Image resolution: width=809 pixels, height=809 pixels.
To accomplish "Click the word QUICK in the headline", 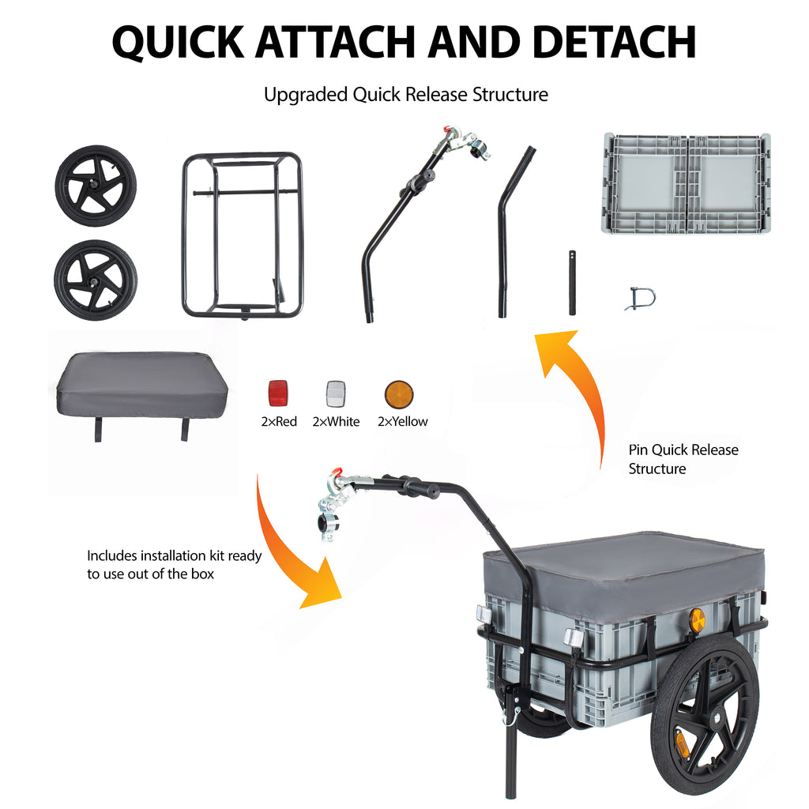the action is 178,42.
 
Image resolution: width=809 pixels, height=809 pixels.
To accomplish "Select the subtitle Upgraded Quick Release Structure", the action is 405,95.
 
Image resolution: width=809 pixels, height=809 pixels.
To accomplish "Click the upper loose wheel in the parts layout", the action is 96,186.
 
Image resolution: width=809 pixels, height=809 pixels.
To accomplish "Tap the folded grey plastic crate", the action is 687,183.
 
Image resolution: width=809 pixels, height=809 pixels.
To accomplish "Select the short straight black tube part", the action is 572,283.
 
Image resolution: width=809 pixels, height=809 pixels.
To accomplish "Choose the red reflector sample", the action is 278,393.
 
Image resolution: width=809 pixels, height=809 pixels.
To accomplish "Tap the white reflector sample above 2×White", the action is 336,393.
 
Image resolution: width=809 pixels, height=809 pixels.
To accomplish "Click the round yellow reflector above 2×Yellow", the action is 399,395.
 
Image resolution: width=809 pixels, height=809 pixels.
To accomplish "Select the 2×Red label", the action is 279,422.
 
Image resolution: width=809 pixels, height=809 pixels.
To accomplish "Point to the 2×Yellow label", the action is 402,422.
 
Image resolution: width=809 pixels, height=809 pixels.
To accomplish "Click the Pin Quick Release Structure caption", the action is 683,459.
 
